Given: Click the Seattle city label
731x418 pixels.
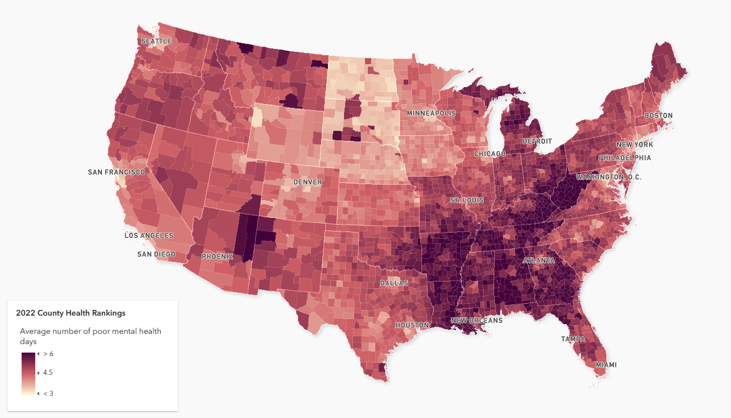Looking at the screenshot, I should click(156, 42).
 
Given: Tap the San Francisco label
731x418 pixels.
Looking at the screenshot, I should click(117, 172).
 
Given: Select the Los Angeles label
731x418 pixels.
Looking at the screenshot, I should click(149, 235).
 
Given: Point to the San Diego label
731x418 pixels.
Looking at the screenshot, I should click(156, 254).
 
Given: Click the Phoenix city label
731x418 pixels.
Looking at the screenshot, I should click(217, 256).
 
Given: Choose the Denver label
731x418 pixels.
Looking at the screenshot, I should click(308, 183).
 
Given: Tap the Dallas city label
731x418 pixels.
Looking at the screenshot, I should click(394, 283).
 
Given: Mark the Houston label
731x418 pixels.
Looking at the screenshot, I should click(412, 325).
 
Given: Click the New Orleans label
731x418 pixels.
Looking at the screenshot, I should click(476, 321).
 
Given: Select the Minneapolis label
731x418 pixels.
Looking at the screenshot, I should click(431, 114).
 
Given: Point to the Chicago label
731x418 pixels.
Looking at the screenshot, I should click(489, 154).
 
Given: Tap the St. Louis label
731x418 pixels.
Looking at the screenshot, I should click(467, 201).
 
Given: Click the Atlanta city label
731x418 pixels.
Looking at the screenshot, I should click(539, 260).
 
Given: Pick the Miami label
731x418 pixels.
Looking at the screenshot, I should click(606, 365).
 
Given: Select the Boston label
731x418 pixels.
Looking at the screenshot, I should click(658, 115).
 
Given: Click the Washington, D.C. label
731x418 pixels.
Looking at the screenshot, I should click(608, 177).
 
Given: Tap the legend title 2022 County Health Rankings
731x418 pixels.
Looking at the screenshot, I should click(70, 313).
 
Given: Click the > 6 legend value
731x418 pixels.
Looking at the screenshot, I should click(48, 354).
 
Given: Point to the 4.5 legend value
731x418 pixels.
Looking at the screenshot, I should click(48, 373).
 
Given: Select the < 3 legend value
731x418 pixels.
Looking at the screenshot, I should click(48, 394).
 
